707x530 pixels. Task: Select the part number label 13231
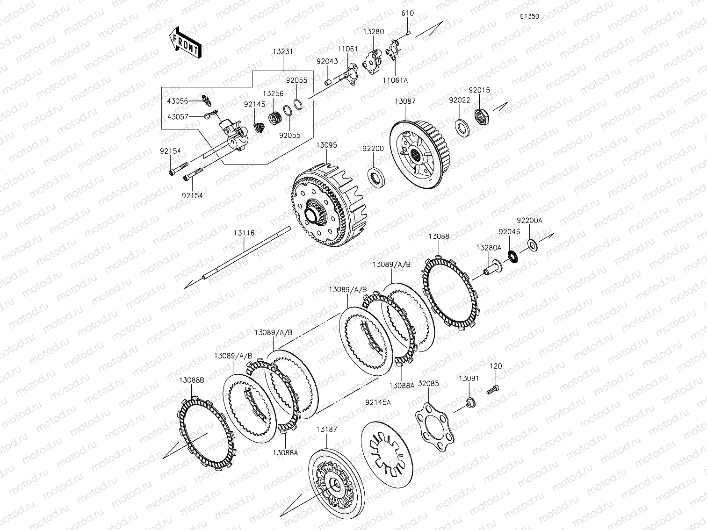click(x=283, y=51)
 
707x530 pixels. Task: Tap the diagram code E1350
click(x=529, y=16)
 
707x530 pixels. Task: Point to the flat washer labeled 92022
click(x=462, y=128)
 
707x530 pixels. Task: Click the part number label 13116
click(x=244, y=233)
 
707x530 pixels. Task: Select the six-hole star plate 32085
click(x=434, y=427)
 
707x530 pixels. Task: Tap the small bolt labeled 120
click(x=492, y=390)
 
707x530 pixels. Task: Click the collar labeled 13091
click(x=470, y=402)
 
